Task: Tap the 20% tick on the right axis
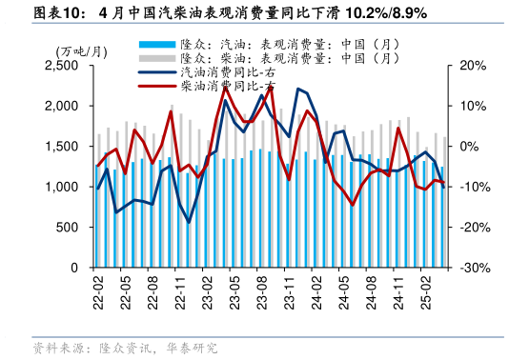[472, 65]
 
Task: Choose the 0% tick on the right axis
[468, 146]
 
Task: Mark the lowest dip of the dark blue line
[189, 223]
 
